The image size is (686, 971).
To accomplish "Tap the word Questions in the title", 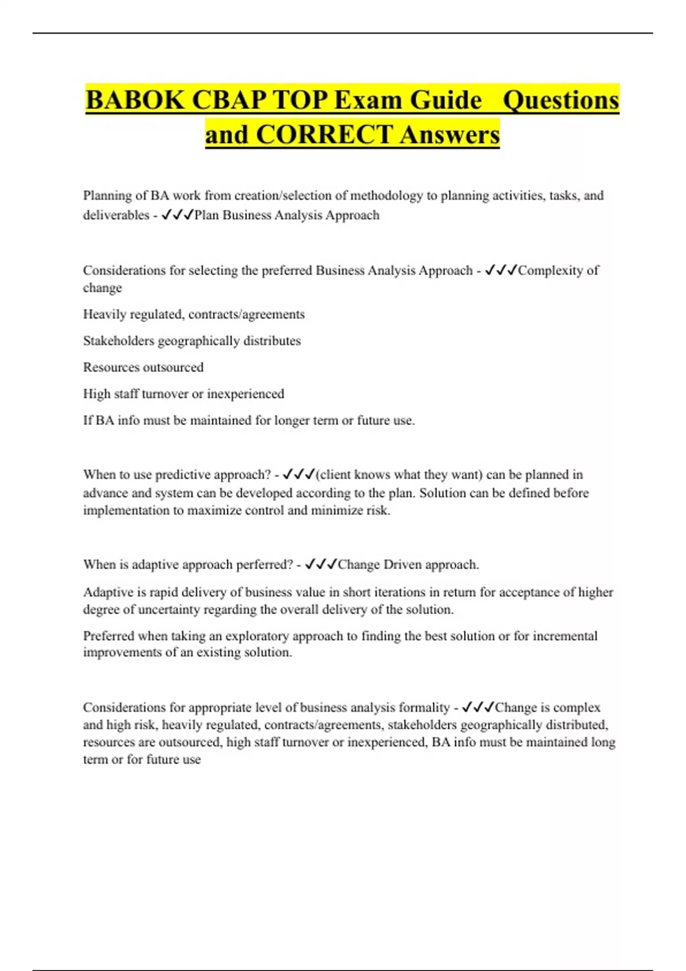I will (560, 101).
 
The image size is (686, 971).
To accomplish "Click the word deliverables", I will (116, 215).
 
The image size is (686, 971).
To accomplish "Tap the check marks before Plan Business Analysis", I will (177, 215).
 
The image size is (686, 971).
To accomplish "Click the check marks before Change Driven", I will (321, 565).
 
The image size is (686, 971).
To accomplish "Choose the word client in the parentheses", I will (335, 475).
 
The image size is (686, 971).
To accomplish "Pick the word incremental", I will (565, 636).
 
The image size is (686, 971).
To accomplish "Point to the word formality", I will (424, 708).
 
